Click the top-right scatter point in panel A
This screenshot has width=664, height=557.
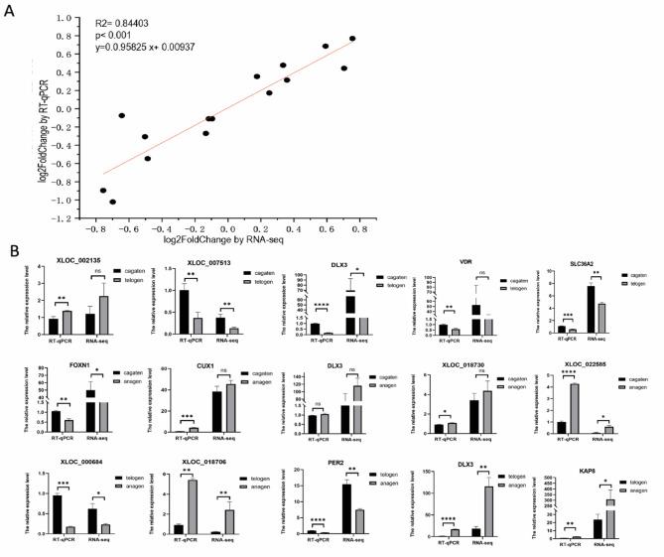352,39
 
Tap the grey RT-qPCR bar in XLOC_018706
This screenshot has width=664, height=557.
192,507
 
